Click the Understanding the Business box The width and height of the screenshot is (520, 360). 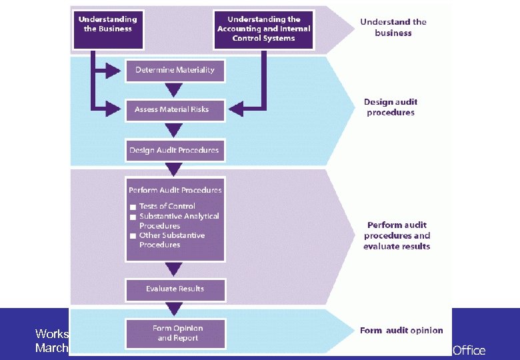pos(107,28)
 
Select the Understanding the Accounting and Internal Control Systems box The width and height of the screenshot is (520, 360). pos(264,29)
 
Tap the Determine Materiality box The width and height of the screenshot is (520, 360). pos(175,70)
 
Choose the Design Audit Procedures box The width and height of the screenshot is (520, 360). pos(175,150)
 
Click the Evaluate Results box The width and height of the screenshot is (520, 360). pos(175,289)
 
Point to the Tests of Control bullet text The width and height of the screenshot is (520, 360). pos(167,206)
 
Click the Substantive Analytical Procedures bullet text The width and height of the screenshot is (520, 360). pos(179,221)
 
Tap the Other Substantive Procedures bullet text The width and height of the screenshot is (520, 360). pos(171,240)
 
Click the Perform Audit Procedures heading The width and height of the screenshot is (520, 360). pos(175,190)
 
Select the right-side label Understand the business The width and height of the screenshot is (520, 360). pos(393,27)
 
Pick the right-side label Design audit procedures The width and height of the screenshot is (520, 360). pos(391,107)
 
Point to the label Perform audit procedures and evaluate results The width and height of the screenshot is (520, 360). pos(397,235)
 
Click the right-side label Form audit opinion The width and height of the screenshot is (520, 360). pos(401,331)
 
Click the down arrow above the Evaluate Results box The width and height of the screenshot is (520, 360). pos(174,269)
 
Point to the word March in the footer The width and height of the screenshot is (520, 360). pos(52,347)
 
